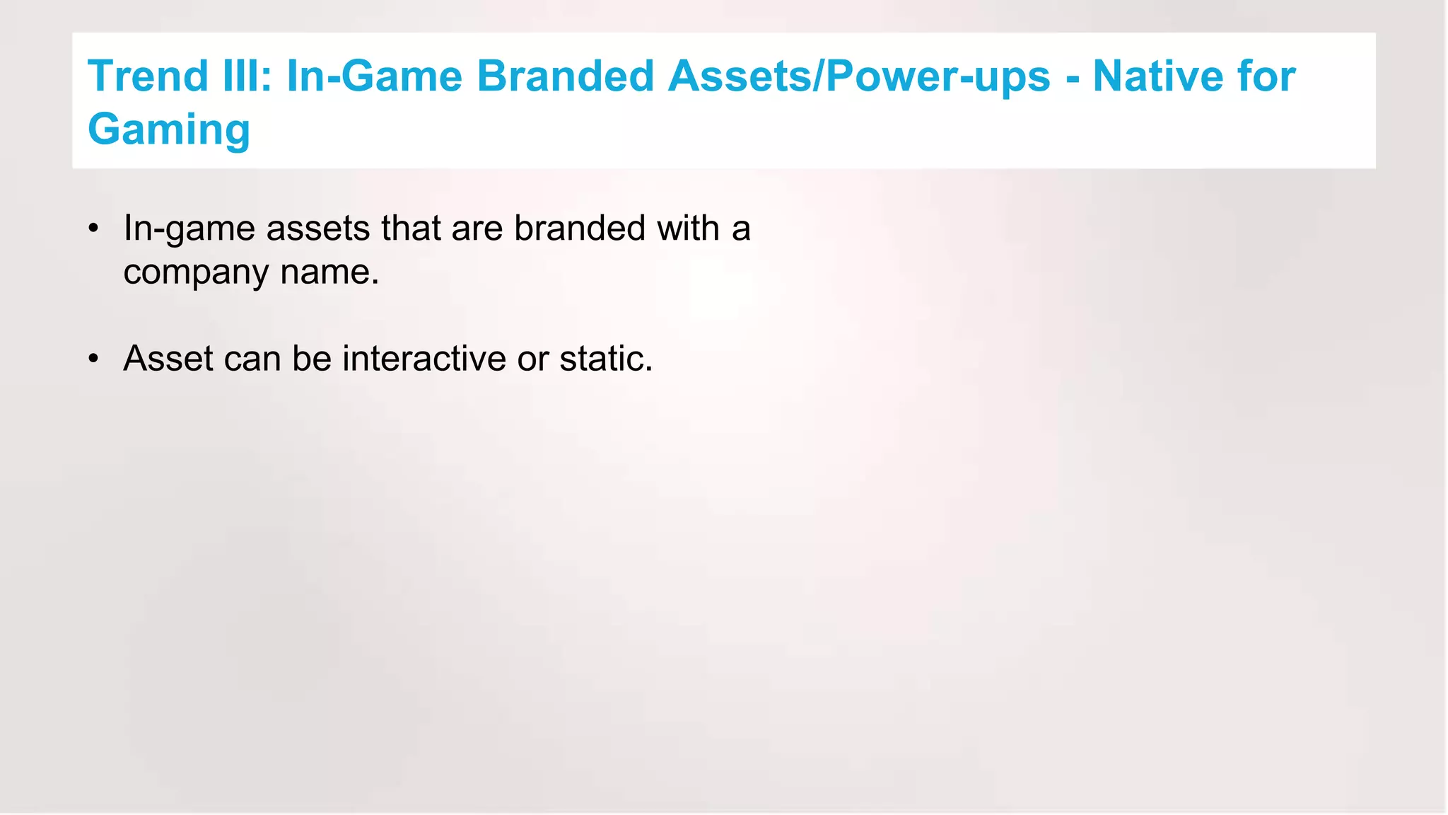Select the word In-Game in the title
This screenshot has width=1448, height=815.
tap(374, 76)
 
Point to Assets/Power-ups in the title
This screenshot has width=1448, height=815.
tap(858, 77)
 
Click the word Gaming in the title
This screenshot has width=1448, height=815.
tap(169, 130)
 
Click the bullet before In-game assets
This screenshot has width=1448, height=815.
tap(93, 229)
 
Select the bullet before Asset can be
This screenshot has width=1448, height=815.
tap(93, 359)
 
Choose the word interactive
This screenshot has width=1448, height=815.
tap(424, 358)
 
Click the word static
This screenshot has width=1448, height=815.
tap(606, 358)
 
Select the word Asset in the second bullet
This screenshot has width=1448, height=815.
tap(168, 358)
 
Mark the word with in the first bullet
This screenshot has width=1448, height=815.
tap(688, 229)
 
